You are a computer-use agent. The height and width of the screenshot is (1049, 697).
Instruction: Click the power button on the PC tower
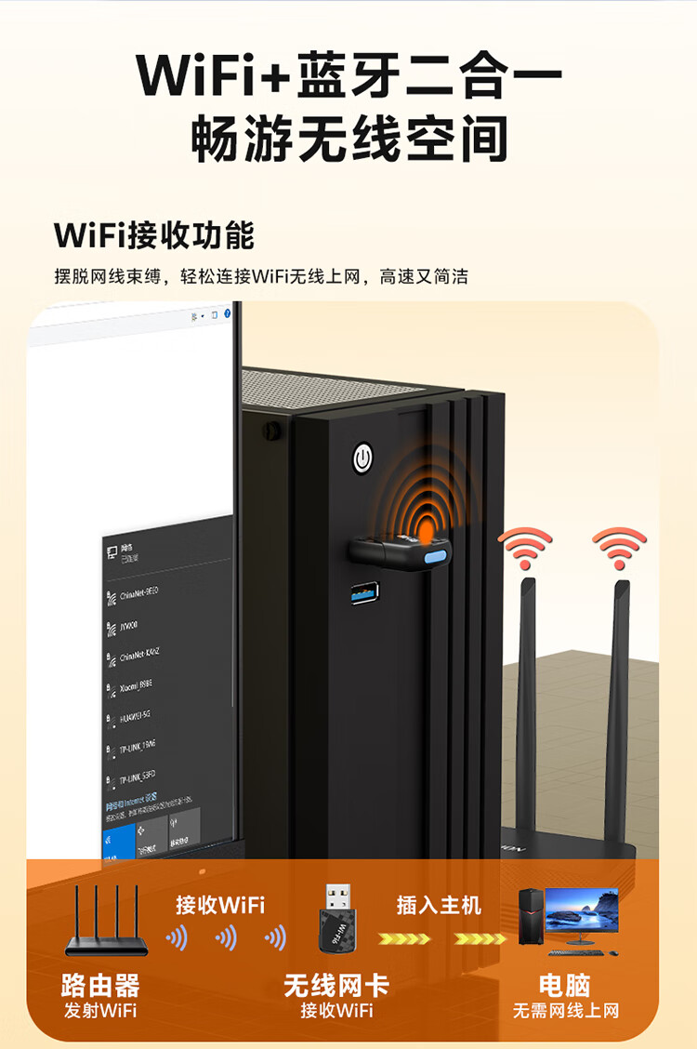pos(362,458)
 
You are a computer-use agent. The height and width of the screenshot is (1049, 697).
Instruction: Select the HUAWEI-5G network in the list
pos(135,715)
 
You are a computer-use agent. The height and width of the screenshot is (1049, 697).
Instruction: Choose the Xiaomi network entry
pos(136,684)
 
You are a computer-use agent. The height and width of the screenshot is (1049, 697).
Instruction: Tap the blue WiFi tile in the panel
pos(118,841)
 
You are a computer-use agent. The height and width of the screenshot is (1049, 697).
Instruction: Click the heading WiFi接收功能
pos(154,235)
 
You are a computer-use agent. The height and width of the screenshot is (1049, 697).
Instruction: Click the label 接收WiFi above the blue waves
pos(220,904)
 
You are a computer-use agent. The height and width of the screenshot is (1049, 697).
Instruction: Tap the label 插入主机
pos(439,904)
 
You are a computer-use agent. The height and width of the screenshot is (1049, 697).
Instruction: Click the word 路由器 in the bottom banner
pos(100,986)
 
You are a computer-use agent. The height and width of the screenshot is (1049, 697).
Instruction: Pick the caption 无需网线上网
pos(565,1011)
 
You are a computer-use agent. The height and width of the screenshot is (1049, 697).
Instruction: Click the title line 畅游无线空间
pos(348,139)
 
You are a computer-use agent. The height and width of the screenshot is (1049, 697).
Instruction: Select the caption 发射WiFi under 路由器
pos(100,1011)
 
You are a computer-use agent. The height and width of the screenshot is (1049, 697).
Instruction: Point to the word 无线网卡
pos(335,986)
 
